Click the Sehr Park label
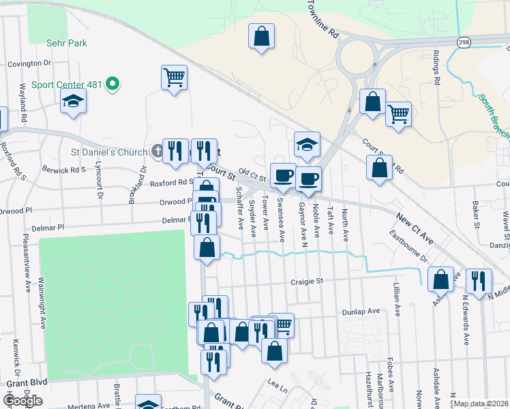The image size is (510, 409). click(x=67, y=43)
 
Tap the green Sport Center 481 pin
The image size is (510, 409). click(x=113, y=85)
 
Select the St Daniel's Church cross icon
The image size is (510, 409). click(x=156, y=151)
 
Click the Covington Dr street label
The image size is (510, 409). click(x=29, y=63)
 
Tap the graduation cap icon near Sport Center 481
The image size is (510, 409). click(x=73, y=103)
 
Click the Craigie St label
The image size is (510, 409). click(x=305, y=281)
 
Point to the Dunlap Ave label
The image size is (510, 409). click(x=363, y=311)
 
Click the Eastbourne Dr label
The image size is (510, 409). click(x=408, y=248)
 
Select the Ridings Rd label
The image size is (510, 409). click(x=436, y=67)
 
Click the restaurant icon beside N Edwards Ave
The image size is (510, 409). click(x=479, y=280)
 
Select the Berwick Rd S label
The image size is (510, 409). click(x=64, y=170)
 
